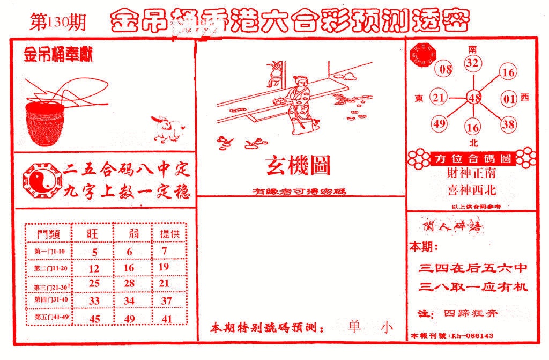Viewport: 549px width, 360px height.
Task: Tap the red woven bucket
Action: click(45, 124)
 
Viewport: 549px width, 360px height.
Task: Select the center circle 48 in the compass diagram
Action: click(473, 98)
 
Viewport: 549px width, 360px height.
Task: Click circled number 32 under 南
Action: click(472, 63)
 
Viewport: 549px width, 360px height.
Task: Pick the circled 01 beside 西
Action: click(508, 98)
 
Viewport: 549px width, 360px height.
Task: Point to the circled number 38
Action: click(508, 124)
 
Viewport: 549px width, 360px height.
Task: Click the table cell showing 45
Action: click(95, 319)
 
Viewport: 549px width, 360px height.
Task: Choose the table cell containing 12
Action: click(95, 267)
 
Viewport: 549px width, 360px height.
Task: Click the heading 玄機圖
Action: click(298, 167)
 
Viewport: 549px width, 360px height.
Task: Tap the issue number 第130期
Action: click(58, 23)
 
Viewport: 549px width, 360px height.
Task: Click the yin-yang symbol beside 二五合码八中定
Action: click(38, 181)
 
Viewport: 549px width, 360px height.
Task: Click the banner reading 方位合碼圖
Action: click(472, 159)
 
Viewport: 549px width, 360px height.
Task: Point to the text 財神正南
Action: click(471, 173)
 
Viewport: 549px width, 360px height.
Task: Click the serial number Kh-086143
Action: click(472, 335)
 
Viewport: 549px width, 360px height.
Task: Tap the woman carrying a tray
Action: click(298, 105)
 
